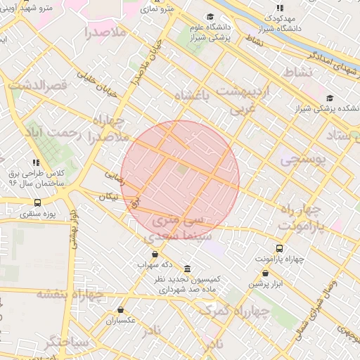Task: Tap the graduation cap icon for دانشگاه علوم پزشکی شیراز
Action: pyautogui.click(x=210, y=17)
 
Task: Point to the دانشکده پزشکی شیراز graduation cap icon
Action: pyautogui.click(x=330, y=98)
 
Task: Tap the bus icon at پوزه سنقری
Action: pyautogui.click(x=37, y=202)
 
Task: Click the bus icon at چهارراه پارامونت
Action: pyautogui.click(x=280, y=248)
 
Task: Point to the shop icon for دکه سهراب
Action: pyautogui.click(x=155, y=254)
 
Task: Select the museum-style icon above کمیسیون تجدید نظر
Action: pyautogui.click(x=186, y=269)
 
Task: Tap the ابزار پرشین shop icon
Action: pyautogui.click(x=265, y=274)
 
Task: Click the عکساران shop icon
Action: pyautogui.click(x=121, y=309)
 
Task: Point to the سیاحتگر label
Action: pyautogui.click(x=66, y=342)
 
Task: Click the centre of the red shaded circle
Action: pyautogui.click(x=180, y=180)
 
